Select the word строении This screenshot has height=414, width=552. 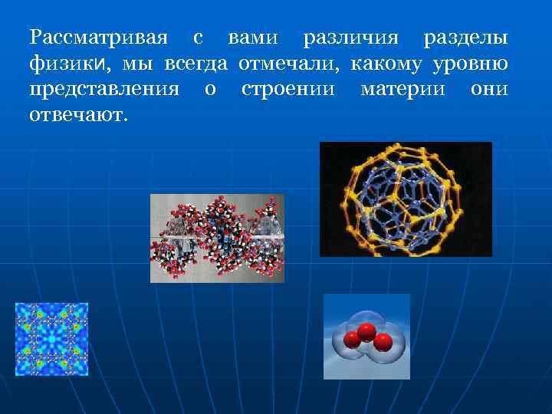pos(288,89)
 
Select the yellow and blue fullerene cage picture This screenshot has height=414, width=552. pos(406,199)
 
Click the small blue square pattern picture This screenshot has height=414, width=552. pos(51,339)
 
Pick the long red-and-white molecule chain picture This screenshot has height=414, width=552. pos(217,238)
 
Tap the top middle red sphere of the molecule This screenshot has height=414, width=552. pos(366,332)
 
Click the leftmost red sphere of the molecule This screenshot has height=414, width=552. pos(353,340)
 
